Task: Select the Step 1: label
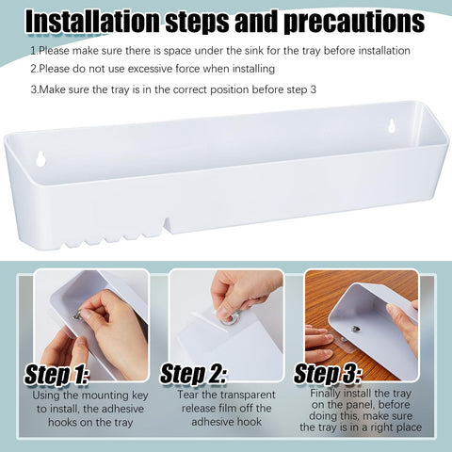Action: coord(56,374)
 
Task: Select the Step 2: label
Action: coord(196,374)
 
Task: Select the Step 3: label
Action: coord(329,374)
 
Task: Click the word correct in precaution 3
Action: coord(175,89)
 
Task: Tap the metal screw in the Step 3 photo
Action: coord(356,328)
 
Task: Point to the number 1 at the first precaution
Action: coord(34,49)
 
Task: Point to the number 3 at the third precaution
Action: coord(34,89)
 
